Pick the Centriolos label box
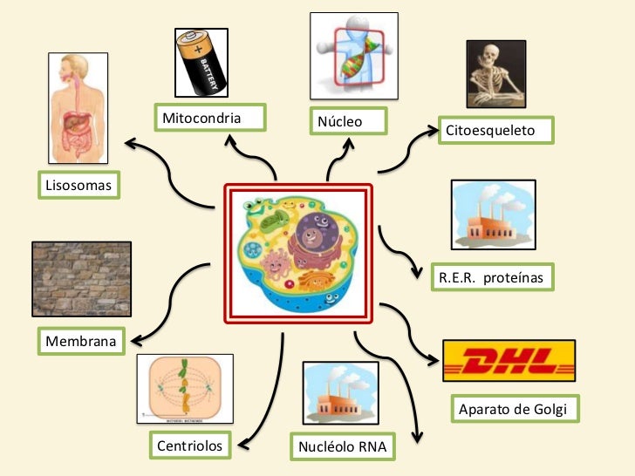click(x=190, y=446)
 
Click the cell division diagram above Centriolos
click(x=185, y=389)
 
